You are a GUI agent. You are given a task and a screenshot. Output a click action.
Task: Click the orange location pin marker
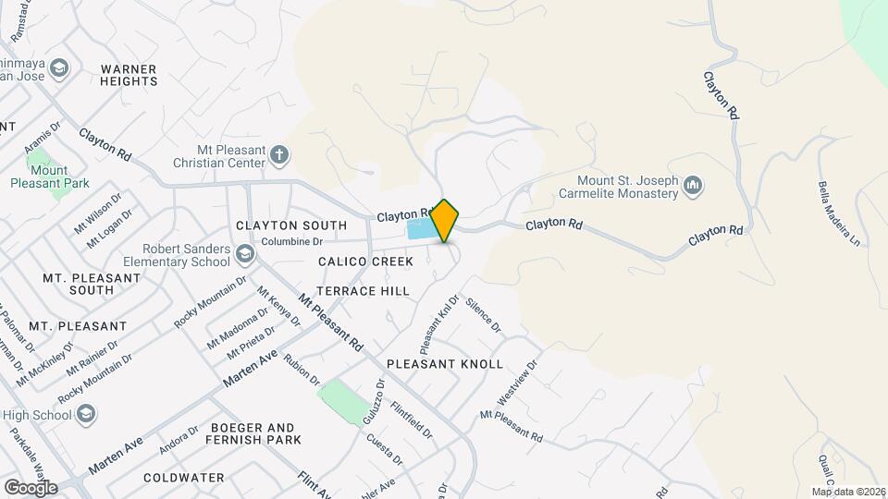click(445, 221)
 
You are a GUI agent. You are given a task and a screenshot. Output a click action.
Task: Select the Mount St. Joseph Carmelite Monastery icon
click(693, 188)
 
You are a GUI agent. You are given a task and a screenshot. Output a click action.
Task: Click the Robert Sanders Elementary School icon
click(244, 254)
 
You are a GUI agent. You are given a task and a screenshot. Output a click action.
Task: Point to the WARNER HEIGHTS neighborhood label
click(129, 75)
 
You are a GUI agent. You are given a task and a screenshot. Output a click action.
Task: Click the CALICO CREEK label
click(365, 262)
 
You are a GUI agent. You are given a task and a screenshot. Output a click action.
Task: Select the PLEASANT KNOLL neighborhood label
click(445, 363)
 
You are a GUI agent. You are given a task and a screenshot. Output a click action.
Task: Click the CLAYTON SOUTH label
click(291, 225)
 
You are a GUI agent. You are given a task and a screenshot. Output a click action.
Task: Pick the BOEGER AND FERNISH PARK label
click(255, 434)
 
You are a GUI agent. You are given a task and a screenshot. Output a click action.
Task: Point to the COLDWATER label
click(184, 478)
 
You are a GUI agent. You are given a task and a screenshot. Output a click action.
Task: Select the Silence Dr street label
click(483, 315)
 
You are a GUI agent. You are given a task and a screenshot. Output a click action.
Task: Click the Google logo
click(31, 487)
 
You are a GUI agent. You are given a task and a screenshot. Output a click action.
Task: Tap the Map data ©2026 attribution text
click(848, 492)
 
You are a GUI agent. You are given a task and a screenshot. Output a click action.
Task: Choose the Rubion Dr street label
click(302, 370)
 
